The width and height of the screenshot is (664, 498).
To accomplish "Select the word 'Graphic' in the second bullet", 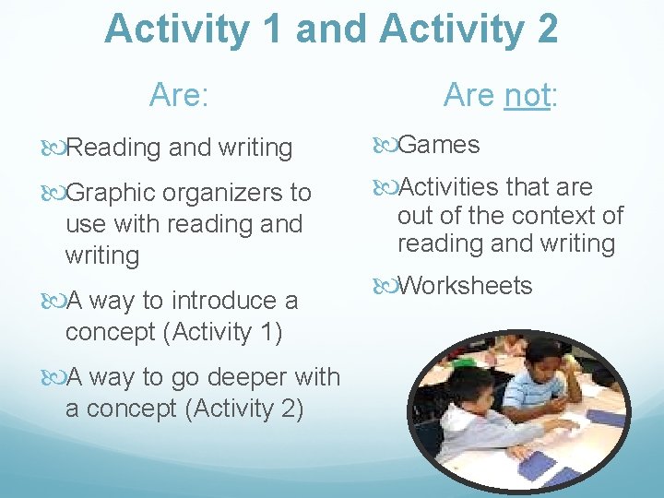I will [x=112, y=194].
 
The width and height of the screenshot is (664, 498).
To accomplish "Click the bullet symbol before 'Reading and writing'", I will [x=57, y=147].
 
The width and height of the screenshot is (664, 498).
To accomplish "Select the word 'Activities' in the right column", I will [x=448, y=187].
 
